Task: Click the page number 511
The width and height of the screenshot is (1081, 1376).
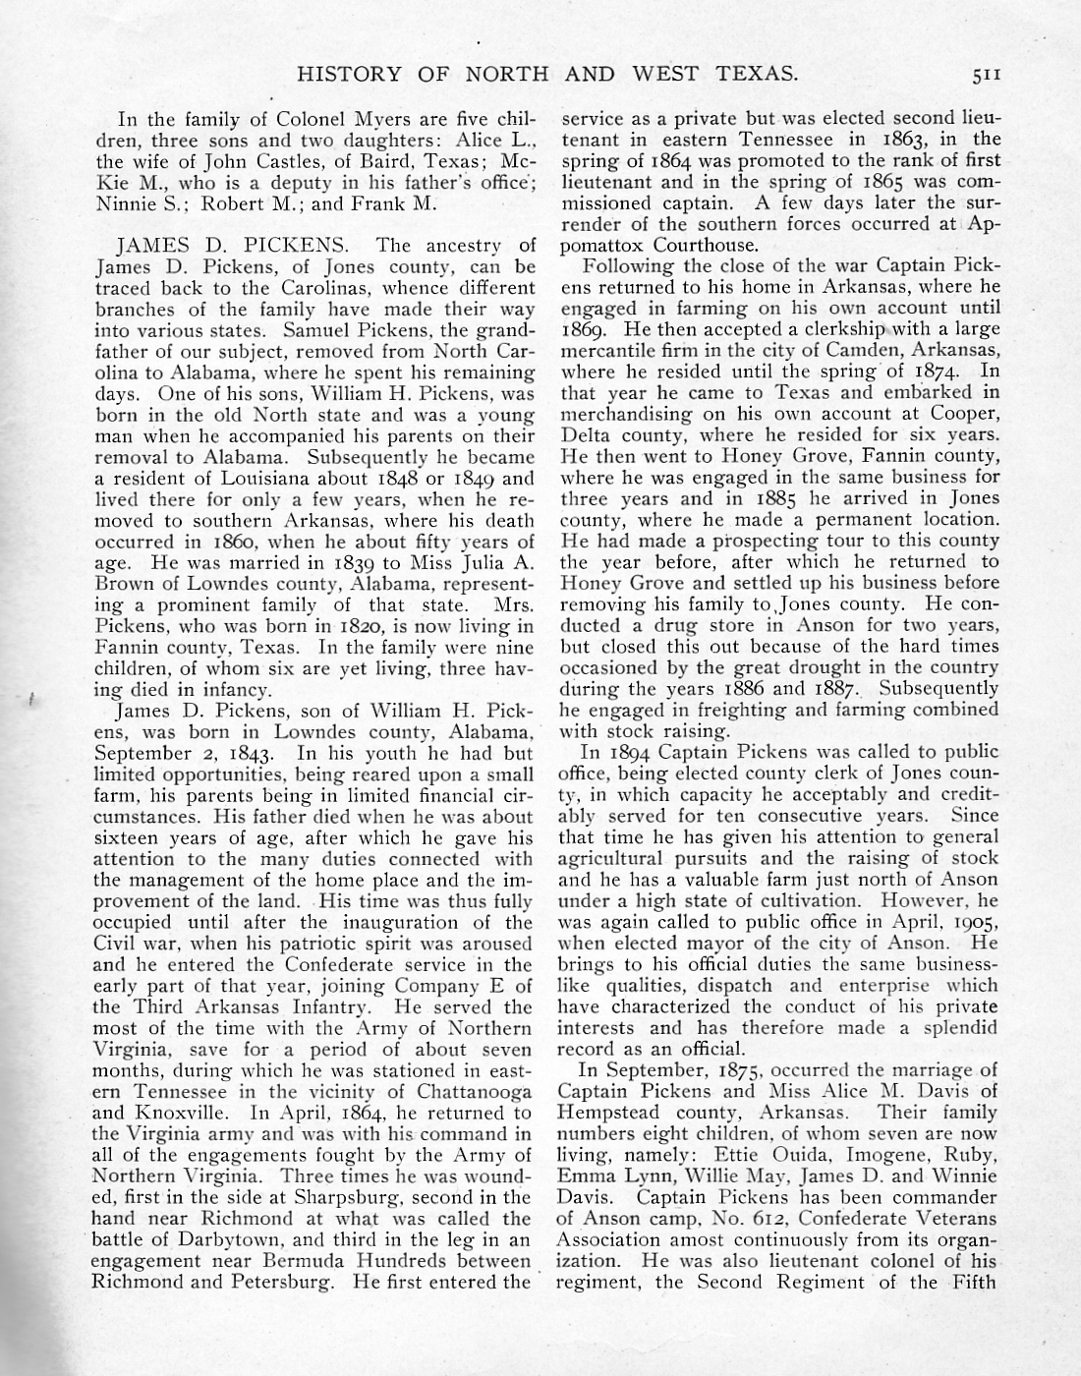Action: [982, 74]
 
